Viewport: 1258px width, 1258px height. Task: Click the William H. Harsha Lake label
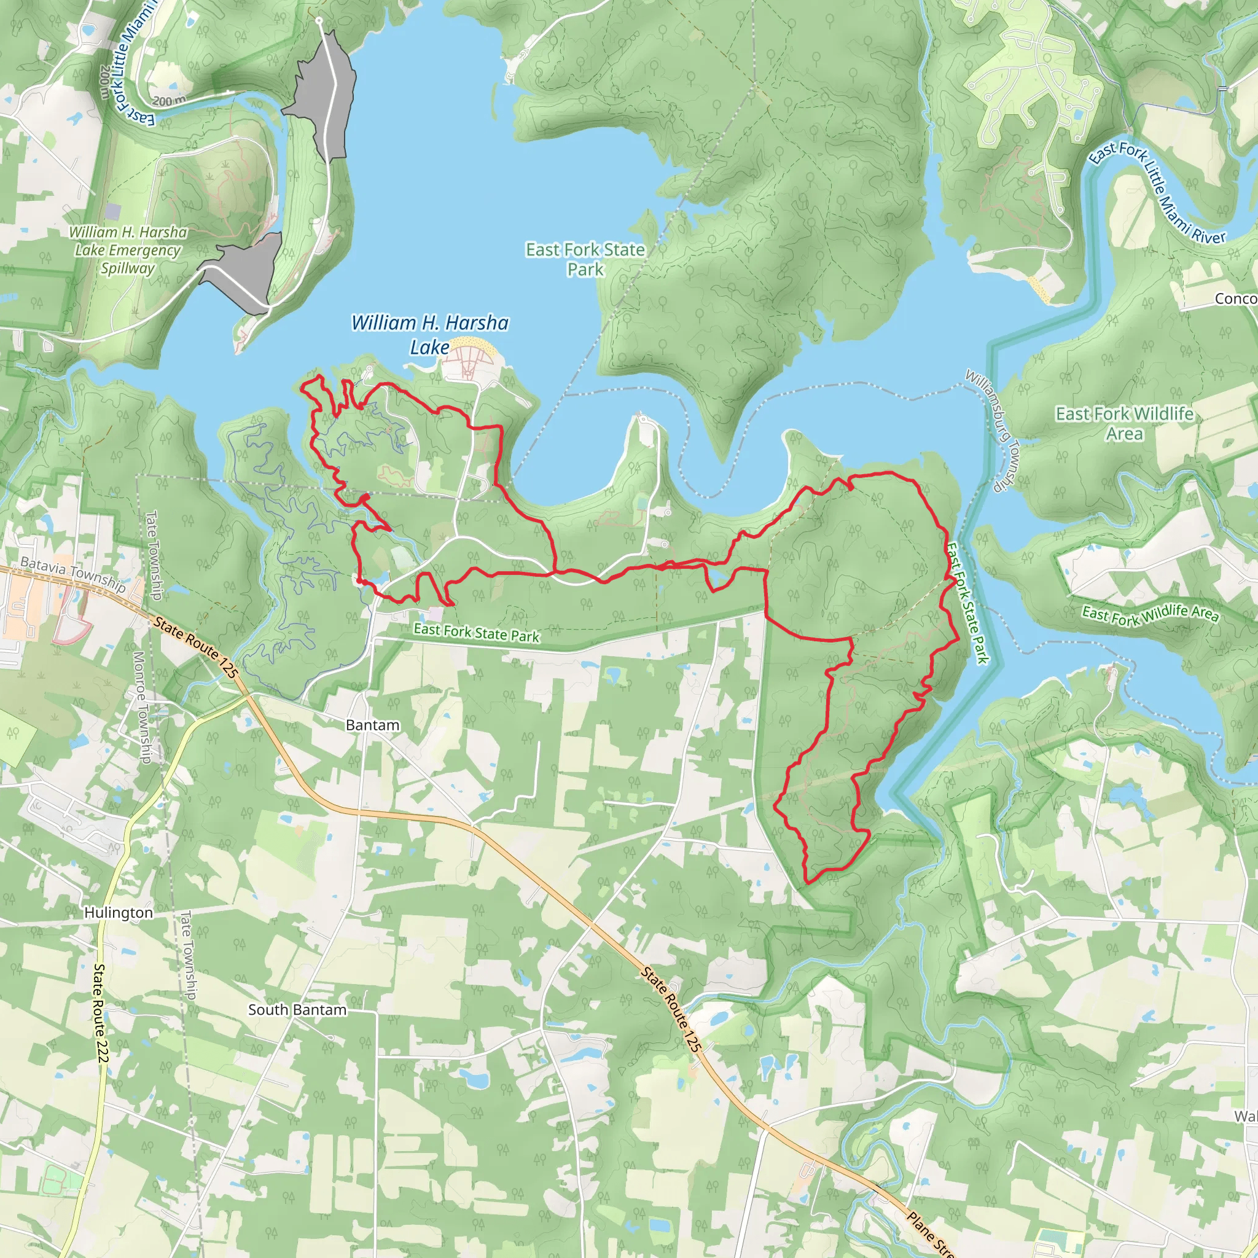(x=430, y=334)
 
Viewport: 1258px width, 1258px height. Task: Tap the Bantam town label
(x=372, y=725)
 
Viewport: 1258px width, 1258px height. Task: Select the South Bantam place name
(x=297, y=1009)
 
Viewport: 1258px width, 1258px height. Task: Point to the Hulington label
(x=119, y=912)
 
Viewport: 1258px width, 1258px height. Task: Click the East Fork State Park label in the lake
(x=585, y=259)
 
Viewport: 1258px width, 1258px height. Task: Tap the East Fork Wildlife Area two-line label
(x=1125, y=423)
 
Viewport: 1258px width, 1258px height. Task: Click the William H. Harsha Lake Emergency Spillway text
(x=128, y=250)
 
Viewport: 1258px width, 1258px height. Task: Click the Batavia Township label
(x=73, y=573)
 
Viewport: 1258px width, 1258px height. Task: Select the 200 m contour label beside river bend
(x=169, y=101)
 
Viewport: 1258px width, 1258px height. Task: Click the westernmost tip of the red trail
(x=302, y=386)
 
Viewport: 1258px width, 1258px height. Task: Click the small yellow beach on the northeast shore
(x=1040, y=289)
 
